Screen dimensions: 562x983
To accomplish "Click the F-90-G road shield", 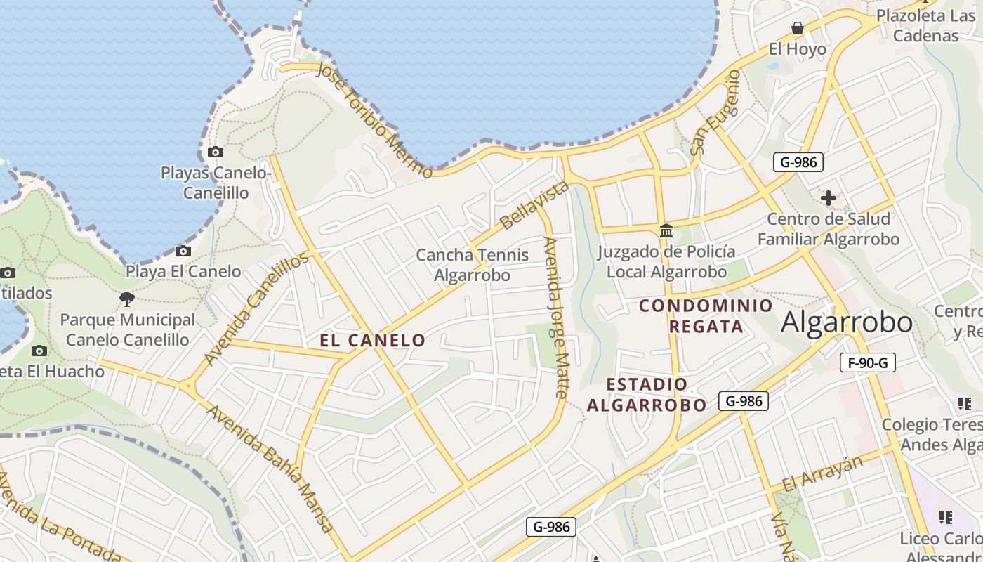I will (x=868, y=362).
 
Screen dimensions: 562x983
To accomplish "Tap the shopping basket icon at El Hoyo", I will (x=798, y=28).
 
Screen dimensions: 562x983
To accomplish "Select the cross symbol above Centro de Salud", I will (x=829, y=198).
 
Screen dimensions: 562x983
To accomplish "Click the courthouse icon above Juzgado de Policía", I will (x=666, y=230).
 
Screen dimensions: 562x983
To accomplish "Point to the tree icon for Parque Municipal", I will (x=127, y=300).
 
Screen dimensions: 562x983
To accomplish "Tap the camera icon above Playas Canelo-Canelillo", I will (x=216, y=152).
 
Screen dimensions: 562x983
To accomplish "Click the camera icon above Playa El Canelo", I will (x=183, y=251).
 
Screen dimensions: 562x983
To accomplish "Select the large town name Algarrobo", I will (x=847, y=322).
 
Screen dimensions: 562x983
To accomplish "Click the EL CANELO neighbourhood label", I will (x=373, y=341).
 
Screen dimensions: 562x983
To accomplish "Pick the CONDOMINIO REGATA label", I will (x=706, y=316).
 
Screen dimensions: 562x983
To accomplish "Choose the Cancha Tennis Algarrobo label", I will (x=473, y=264).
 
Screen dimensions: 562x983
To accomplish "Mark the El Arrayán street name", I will (x=822, y=473).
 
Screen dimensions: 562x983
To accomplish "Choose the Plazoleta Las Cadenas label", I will (x=927, y=25).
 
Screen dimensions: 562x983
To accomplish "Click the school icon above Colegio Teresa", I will (x=964, y=403).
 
